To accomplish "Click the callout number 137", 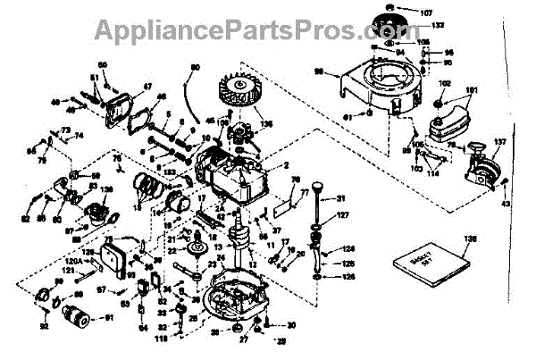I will [x=498, y=142].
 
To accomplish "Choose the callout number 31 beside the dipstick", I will [x=340, y=197].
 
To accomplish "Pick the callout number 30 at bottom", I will [x=291, y=325].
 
